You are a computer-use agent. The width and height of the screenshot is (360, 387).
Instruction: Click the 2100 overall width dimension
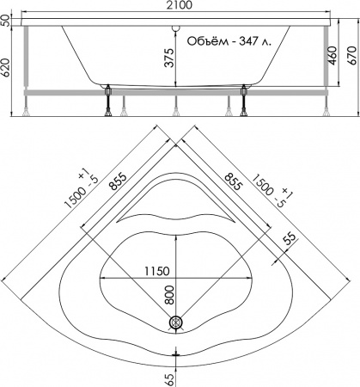[180, 6]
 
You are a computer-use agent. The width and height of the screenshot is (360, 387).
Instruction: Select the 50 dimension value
[6, 20]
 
